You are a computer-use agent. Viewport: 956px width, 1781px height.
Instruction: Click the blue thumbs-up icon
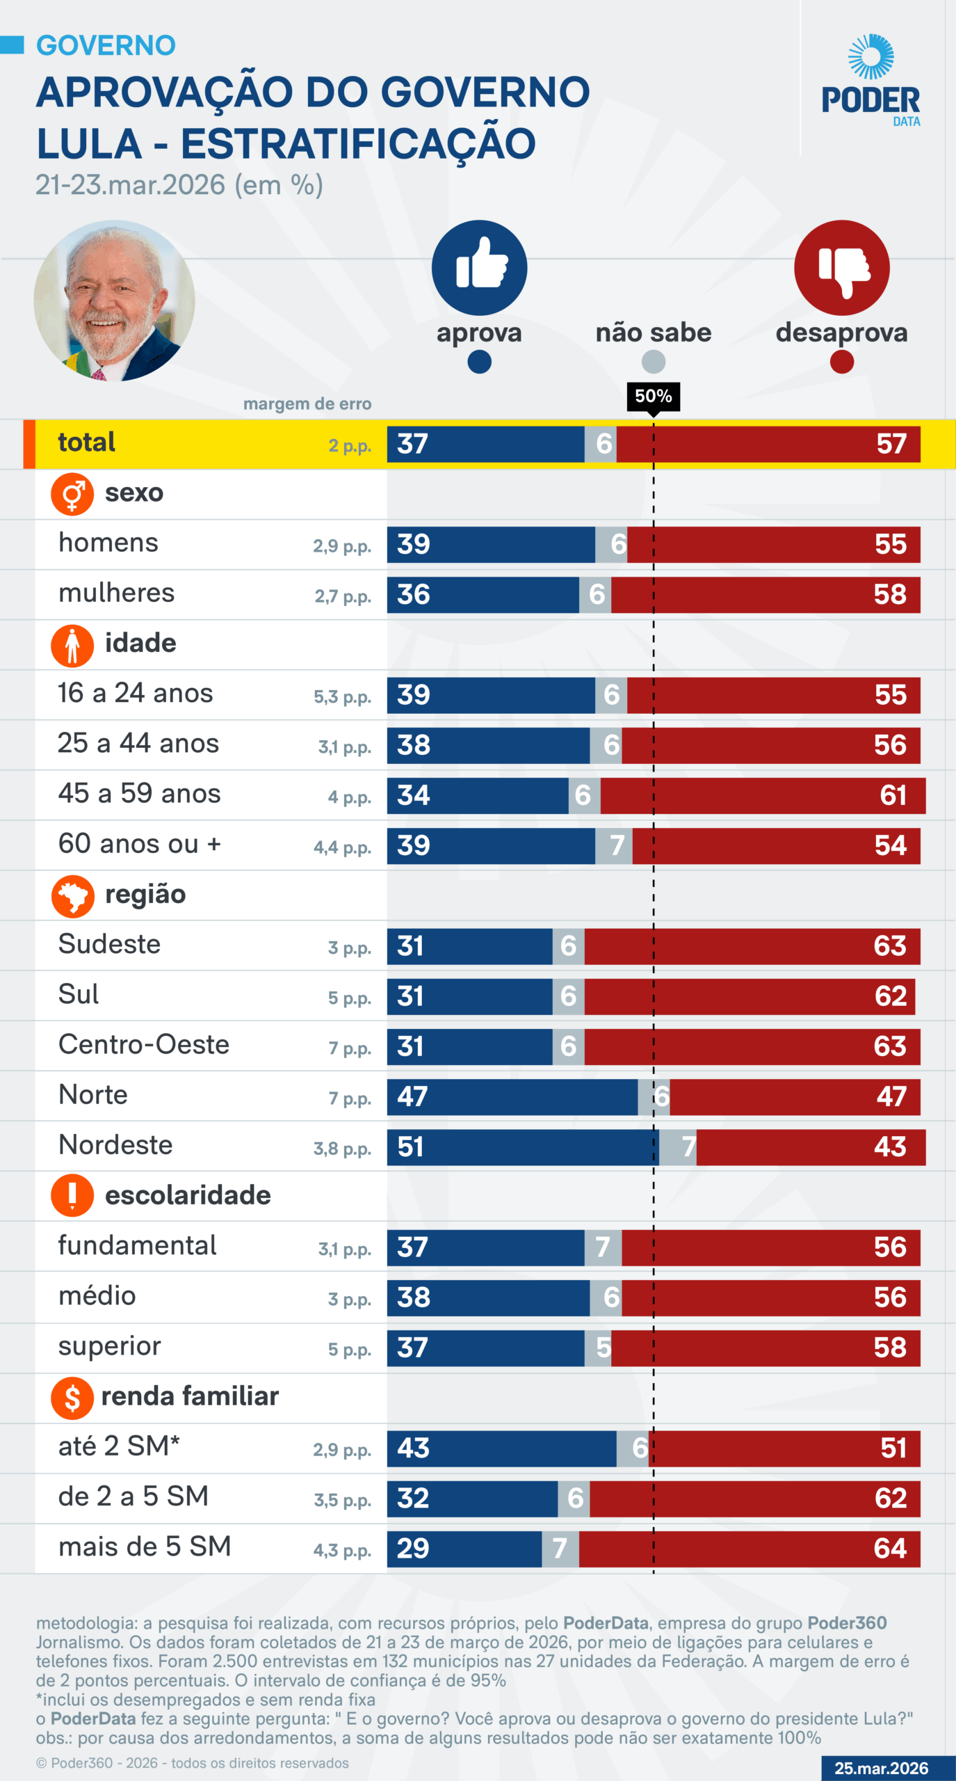[x=479, y=268]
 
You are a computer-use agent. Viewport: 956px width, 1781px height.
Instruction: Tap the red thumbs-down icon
[x=841, y=268]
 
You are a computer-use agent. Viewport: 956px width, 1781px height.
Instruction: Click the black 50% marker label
[x=653, y=397]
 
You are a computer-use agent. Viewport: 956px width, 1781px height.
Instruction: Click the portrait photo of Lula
[x=114, y=301]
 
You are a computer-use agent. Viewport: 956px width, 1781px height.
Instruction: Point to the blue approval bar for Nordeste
[x=521, y=1147]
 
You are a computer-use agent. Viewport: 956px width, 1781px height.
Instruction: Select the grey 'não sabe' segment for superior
[x=598, y=1348]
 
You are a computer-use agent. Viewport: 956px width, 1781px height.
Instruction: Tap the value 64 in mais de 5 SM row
[x=890, y=1549]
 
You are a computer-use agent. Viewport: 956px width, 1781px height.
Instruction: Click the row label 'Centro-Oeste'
[x=144, y=1045]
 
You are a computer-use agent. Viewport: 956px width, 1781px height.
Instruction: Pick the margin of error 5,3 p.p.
[x=342, y=697]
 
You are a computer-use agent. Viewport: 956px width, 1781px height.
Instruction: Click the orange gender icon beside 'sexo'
[x=72, y=494]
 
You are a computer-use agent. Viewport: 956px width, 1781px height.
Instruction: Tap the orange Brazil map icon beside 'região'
[x=72, y=896]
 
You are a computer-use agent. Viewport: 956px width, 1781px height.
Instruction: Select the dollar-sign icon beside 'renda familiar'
[x=72, y=1398]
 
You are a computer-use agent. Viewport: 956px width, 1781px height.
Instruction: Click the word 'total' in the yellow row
[x=86, y=442]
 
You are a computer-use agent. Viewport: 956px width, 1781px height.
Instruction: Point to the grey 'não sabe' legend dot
[x=653, y=362]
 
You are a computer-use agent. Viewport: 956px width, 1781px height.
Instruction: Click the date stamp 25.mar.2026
[x=881, y=1768]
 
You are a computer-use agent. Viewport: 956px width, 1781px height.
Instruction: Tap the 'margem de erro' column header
[x=307, y=404]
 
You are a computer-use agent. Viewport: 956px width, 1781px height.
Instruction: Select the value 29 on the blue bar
[x=412, y=1549]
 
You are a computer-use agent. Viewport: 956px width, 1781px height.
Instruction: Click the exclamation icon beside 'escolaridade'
[x=72, y=1195]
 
